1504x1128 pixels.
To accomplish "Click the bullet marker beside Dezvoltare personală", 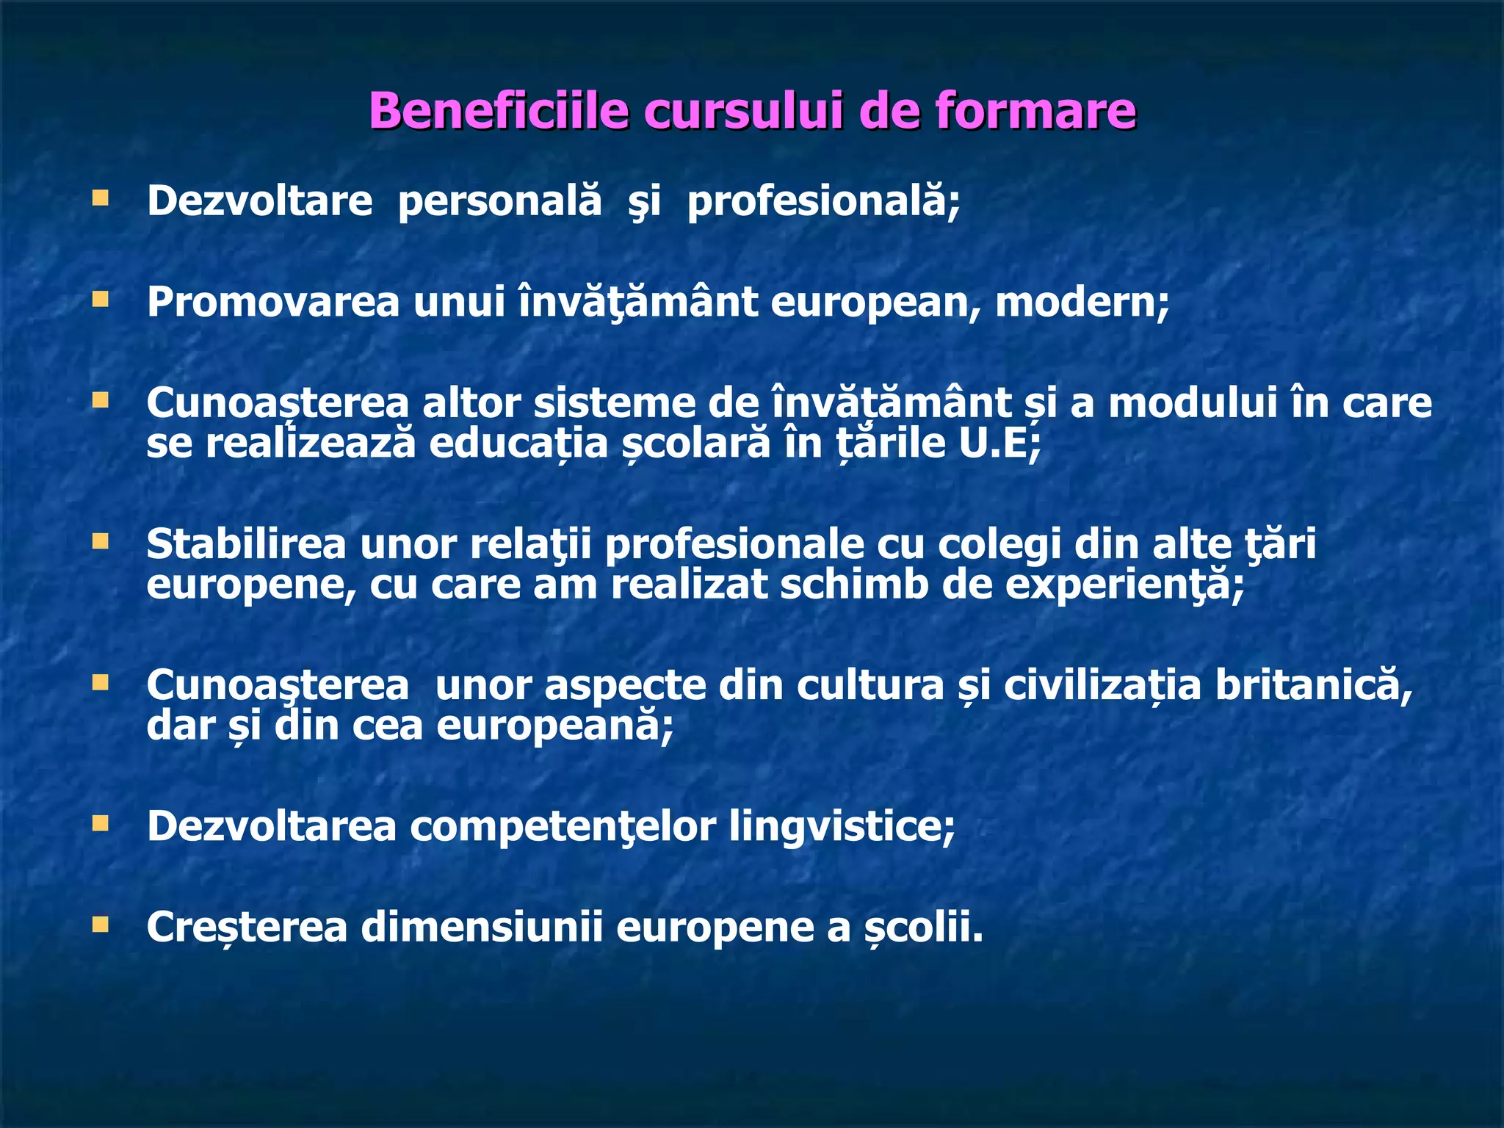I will click(101, 198).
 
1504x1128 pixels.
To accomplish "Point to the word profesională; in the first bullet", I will click(823, 201).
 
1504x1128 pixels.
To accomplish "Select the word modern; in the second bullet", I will click(1082, 302).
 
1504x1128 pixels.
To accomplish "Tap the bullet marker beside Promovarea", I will click(101, 300).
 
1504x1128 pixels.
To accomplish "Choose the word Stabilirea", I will click(246, 544).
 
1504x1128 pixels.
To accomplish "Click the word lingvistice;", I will click(842, 826).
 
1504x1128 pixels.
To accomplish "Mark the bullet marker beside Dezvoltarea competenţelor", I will click(101, 824).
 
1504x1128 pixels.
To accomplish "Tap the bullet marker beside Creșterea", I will click(101, 925).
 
